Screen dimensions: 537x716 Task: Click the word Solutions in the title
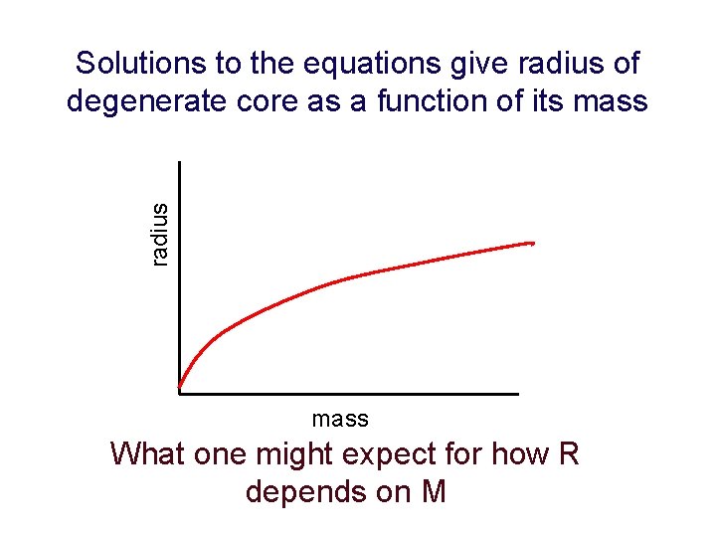tap(139, 65)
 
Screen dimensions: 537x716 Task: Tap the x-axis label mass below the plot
tap(340, 419)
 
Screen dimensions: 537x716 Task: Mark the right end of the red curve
tap(533, 242)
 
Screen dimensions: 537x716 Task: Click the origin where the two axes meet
tap(180, 394)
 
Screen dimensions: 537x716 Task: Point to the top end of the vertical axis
tap(180, 163)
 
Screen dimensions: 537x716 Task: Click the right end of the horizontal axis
tap(517, 394)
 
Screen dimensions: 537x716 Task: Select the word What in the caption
tap(147, 454)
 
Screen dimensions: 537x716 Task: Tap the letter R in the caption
tap(568, 454)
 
